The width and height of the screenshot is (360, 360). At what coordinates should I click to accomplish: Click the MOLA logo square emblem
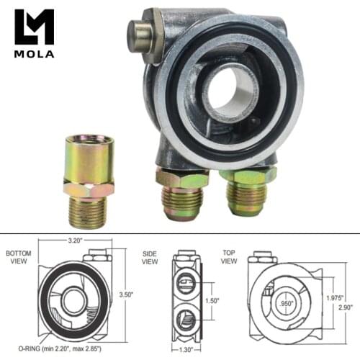(x=34, y=26)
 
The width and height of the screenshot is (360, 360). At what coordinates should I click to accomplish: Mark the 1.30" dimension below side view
(x=186, y=349)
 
